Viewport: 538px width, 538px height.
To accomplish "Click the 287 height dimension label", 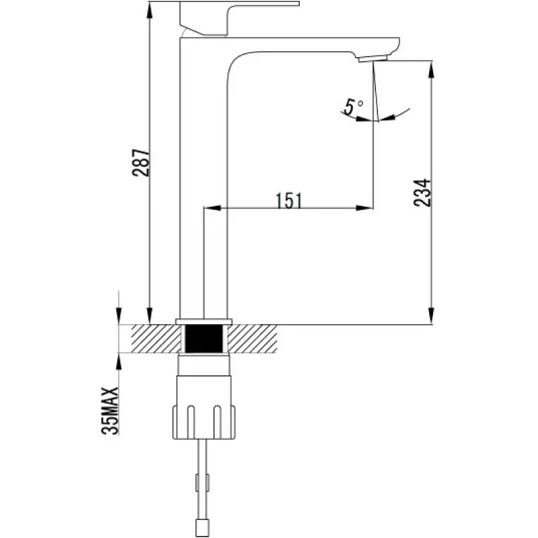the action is pos(141,163).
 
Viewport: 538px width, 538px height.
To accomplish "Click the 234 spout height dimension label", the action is pos(422,192).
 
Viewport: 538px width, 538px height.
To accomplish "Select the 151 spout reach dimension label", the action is pos(289,200).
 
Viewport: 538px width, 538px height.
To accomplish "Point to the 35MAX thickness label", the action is pos(110,411).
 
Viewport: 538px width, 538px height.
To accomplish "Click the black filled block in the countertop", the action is pos(204,339).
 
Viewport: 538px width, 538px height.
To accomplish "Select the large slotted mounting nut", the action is pos(204,422).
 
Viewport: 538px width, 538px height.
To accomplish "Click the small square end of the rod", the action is pos(201,529).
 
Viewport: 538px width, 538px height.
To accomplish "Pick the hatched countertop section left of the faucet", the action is pos(157,339).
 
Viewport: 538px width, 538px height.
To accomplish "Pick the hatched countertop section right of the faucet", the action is pos(252,339).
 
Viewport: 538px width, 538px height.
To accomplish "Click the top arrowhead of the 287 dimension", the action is pos(149,12).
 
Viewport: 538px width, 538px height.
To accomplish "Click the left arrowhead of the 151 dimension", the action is pos(213,208).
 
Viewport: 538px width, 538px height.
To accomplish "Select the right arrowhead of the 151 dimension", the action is pos(364,208).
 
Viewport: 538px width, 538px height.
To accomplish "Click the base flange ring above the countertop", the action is pos(204,321).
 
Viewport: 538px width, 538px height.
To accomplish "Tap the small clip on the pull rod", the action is pos(202,482).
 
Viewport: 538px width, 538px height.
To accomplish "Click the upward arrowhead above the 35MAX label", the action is pos(119,362).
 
